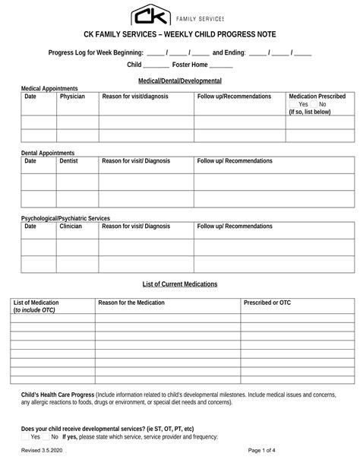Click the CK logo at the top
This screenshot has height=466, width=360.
pyautogui.click(x=150, y=14)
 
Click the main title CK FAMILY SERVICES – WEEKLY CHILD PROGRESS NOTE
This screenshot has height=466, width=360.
pyautogui.click(x=179, y=35)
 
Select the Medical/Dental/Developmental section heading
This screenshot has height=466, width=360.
pyautogui.click(x=179, y=81)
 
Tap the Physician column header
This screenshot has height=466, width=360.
pyautogui.click(x=72, y=97)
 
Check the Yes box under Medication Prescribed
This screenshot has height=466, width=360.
pyautogui.click(x=293, y=104)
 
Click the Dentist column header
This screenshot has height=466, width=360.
pyautogui.click(x=69, y=161)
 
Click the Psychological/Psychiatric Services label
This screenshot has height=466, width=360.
pyautogui.click(x=65, y=218)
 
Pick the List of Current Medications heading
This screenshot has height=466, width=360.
pyautogui.click(x=180, y=284)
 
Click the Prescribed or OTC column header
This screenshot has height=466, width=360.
pyautogui.click(x=267, y=303)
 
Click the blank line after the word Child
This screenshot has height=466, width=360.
pyautogui.click(x=156, y=65)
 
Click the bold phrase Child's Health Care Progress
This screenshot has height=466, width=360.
pyautogui.click(x=58, y=395)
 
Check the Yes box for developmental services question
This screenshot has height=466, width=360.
pyautogui.click(x=25, y=437)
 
